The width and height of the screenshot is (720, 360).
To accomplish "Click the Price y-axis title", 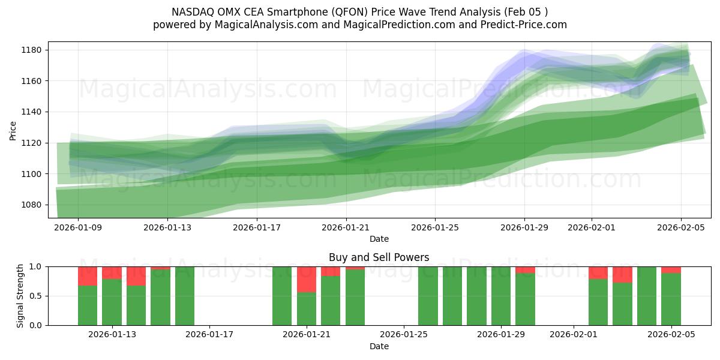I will point(13,130).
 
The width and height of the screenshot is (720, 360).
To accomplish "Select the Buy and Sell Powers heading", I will point(379,257).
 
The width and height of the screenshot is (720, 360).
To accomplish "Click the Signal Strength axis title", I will point(21,296).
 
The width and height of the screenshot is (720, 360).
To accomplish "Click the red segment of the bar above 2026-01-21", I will point(307,279).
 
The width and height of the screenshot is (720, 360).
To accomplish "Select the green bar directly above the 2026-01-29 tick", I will point(501,296).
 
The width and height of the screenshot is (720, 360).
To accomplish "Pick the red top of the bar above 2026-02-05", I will point(671,269).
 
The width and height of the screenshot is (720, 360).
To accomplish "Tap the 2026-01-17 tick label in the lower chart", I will point(209,335).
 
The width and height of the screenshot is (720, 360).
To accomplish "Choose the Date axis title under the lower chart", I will point(379,346).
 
